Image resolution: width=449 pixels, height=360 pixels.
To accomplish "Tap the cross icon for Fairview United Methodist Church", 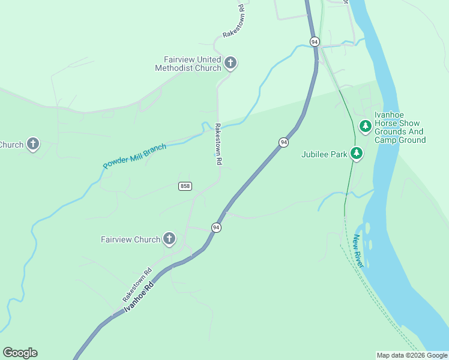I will [230, 63].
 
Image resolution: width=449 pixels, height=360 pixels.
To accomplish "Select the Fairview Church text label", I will [130, 240].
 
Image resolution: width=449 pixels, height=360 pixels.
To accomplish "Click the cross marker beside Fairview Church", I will [169, 239].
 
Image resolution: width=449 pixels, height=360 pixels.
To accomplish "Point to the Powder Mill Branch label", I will [134, 156].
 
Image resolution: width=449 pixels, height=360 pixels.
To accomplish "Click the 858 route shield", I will [185, 186].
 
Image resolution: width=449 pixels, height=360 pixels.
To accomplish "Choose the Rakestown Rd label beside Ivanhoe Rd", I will [137, 284].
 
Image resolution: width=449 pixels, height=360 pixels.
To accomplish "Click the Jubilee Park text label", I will [324, 154].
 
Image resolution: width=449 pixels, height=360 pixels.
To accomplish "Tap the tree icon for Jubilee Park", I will [357, 154].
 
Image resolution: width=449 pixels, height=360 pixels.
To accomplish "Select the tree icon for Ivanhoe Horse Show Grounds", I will [365, 126].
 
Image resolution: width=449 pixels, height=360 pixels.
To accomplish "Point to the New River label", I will [358, 251].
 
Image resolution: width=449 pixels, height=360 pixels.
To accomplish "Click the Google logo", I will [20, 353].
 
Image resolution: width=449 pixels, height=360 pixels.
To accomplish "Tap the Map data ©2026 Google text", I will [412, 355].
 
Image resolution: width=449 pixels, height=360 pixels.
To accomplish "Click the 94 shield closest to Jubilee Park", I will [283, 142].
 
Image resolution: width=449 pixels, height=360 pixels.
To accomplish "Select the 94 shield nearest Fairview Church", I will [216, 227].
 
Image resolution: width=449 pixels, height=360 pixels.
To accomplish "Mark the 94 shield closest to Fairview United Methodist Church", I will [315, 41].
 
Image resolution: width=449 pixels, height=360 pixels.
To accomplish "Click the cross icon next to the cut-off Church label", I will [33, 144].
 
